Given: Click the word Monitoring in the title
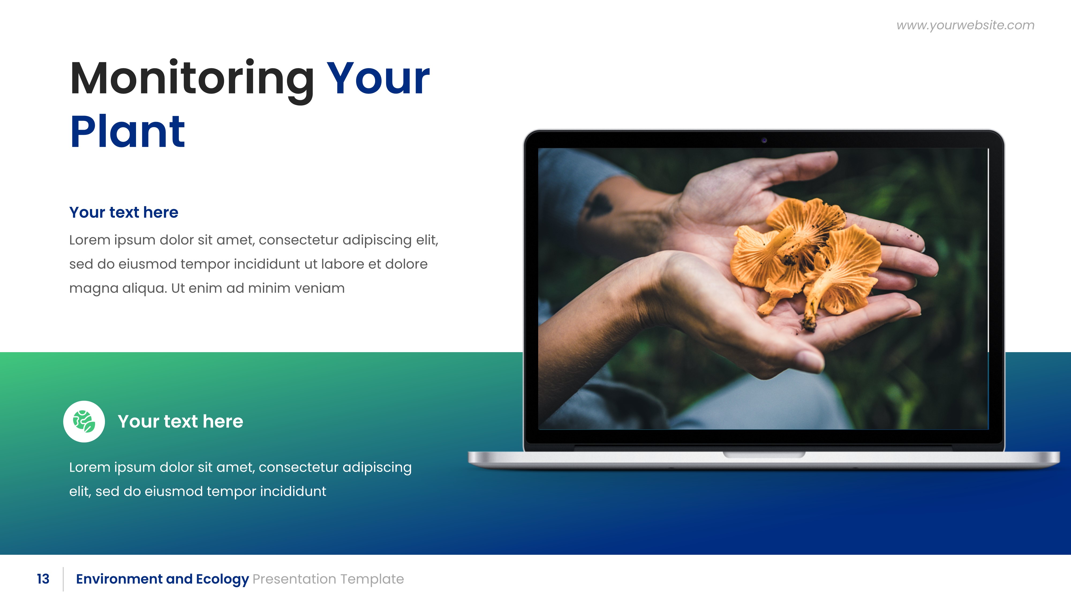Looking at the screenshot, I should point(192,79).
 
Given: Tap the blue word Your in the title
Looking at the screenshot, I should point(378,79).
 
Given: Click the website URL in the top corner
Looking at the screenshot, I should point(965,25).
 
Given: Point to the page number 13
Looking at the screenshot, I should point(43,579).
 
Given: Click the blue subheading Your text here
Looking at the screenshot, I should point(123,212).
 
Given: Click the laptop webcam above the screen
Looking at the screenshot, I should point(764,140).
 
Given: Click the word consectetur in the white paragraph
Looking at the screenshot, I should point(298,467).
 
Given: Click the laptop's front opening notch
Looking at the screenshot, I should point(764,455).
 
